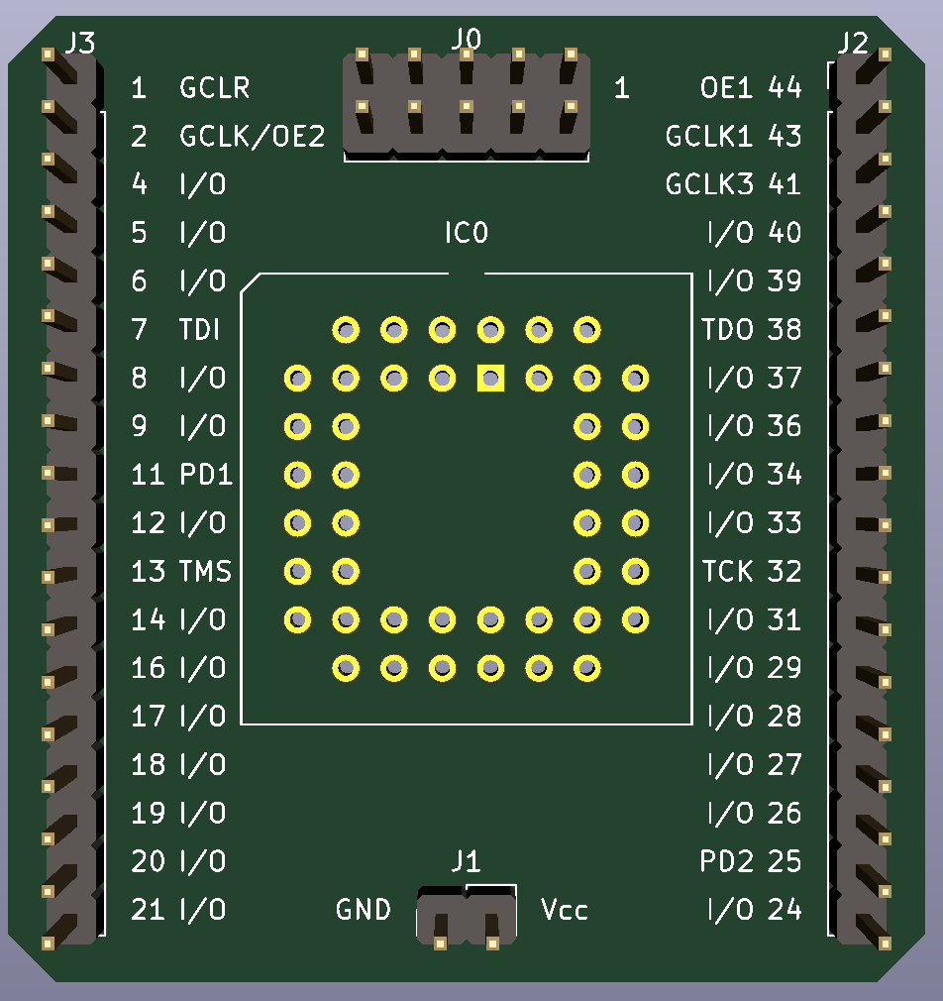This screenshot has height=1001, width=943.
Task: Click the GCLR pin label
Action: pos(214,88)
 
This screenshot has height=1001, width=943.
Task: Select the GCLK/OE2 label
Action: pos(252,137)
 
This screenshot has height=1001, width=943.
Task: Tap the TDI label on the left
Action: pos(199,329)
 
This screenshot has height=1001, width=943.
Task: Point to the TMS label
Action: pos(205,571)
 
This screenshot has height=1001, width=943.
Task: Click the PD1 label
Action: pos(206,475)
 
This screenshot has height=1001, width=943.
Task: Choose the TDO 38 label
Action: pos(751,329)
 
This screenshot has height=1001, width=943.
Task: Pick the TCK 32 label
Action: pos(751,571)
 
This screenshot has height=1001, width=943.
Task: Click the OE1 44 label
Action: pos(750,88)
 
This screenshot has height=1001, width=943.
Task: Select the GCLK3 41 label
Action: pos(733,184)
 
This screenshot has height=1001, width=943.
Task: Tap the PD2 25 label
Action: pos(750,862)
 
